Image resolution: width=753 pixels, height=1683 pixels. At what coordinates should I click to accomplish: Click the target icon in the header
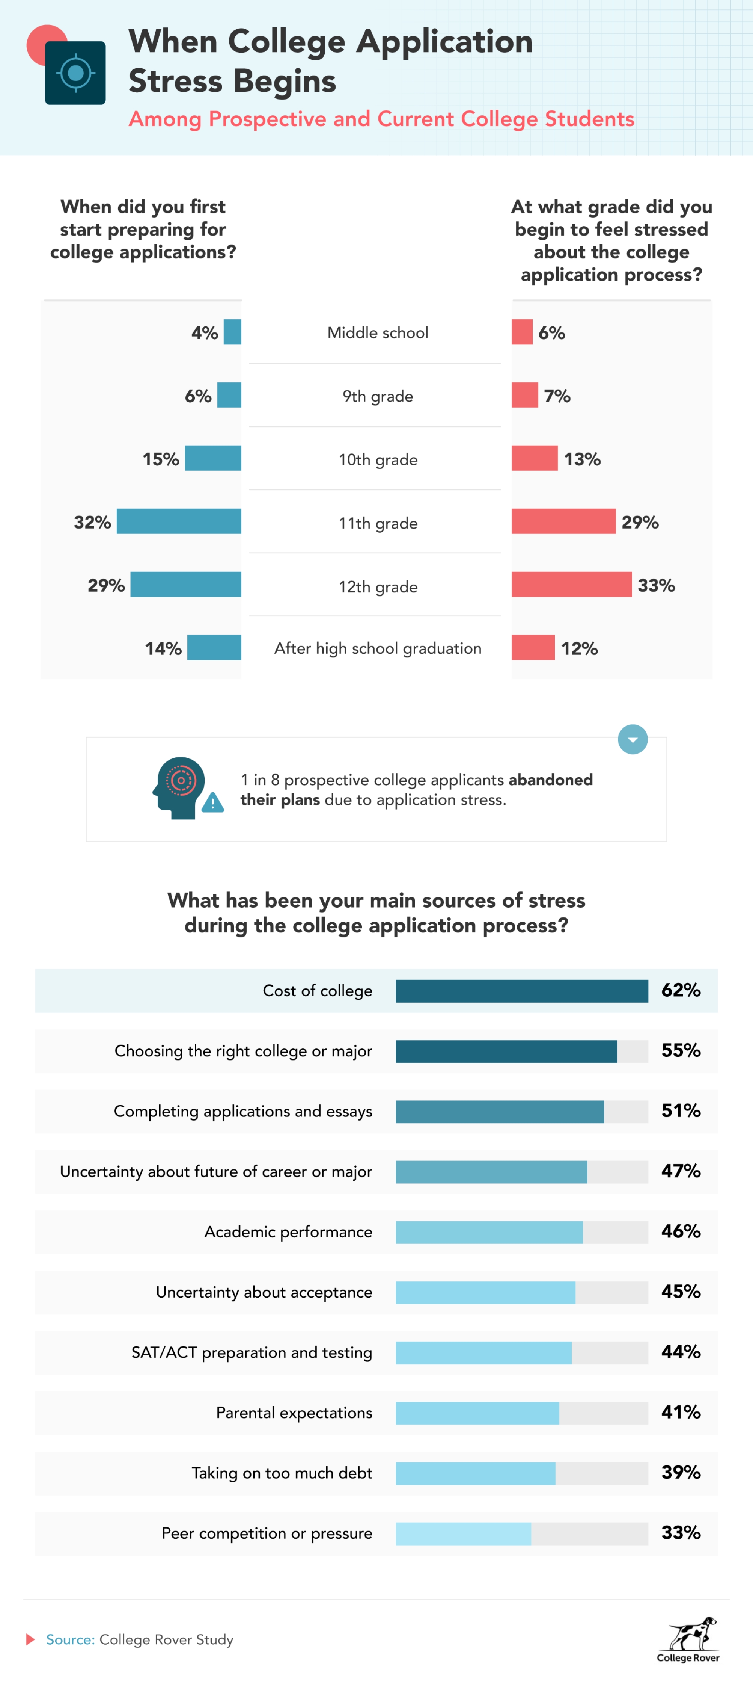(x=75, y=73)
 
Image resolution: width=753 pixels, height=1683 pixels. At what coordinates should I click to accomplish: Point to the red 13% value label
(x=582, y=459)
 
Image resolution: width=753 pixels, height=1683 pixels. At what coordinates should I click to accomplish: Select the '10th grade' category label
(x=378, y=459)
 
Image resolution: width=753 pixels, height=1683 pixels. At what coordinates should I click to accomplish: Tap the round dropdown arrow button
(x=632, y=740)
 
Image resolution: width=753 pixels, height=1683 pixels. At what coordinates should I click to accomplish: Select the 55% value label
(x=681, y=1051)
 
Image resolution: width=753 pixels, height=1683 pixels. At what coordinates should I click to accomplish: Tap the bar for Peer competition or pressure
(x=463, y=1533)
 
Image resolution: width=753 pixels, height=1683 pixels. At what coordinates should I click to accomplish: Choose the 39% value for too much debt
(x=681, y=1473)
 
